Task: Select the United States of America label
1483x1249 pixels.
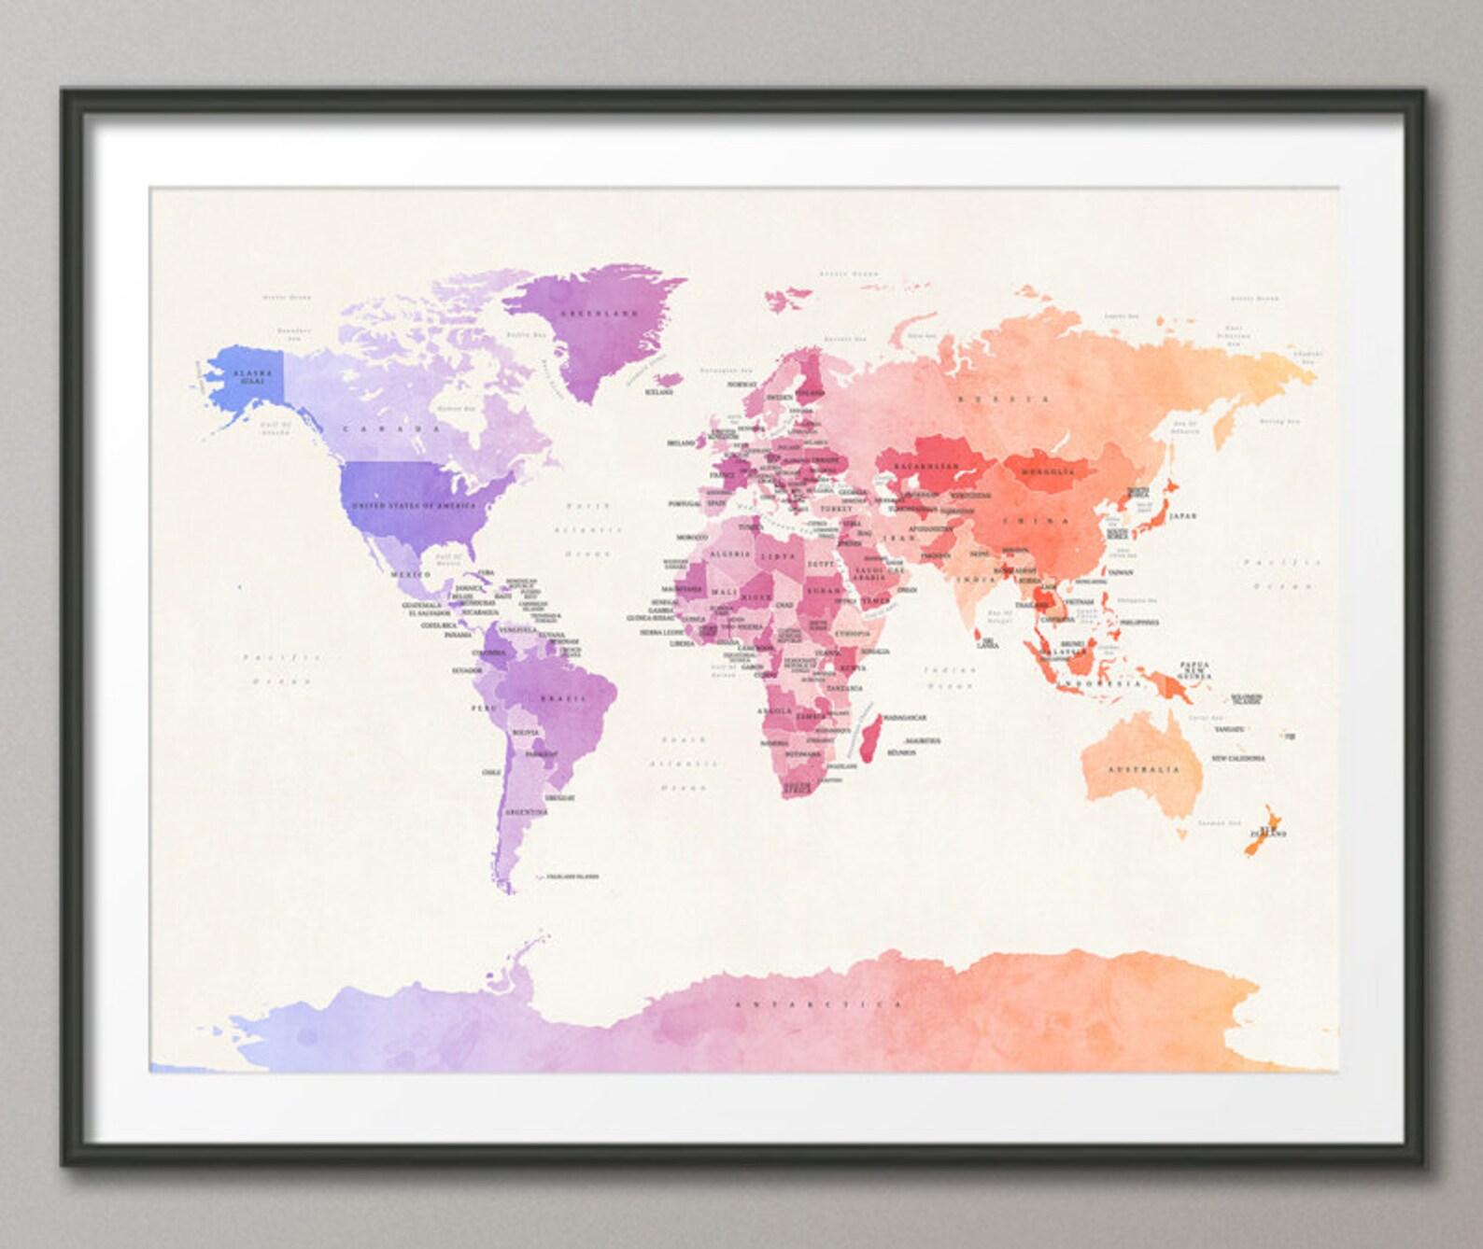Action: (414, 505)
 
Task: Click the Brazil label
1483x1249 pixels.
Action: (563, 697)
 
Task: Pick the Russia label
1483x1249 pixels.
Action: (1002, 400)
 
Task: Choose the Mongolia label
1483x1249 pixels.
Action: (1047, 472)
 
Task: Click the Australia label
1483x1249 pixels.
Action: (1143, 770)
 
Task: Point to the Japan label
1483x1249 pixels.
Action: (1181, 516)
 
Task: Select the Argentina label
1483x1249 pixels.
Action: (526, 812)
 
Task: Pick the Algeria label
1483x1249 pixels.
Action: (730, 554)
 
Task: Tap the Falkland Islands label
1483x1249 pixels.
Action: (572, 877)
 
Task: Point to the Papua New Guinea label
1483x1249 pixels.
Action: (1194, 670)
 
